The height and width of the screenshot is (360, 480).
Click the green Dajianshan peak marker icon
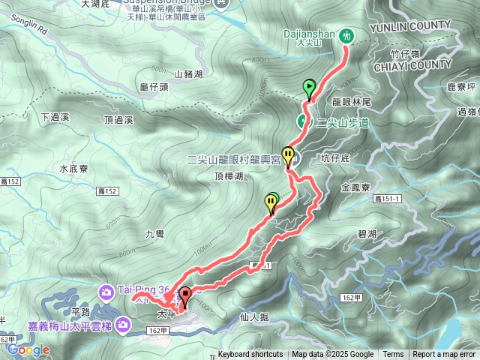346,34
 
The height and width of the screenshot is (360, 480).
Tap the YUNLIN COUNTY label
421,25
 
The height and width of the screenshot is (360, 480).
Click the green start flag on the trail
309,87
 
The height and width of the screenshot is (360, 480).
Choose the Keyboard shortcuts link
250,355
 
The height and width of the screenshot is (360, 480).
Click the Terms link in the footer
393,355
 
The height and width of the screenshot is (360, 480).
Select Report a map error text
444,355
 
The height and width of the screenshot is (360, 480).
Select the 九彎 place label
154,234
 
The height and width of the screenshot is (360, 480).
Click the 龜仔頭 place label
154,87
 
